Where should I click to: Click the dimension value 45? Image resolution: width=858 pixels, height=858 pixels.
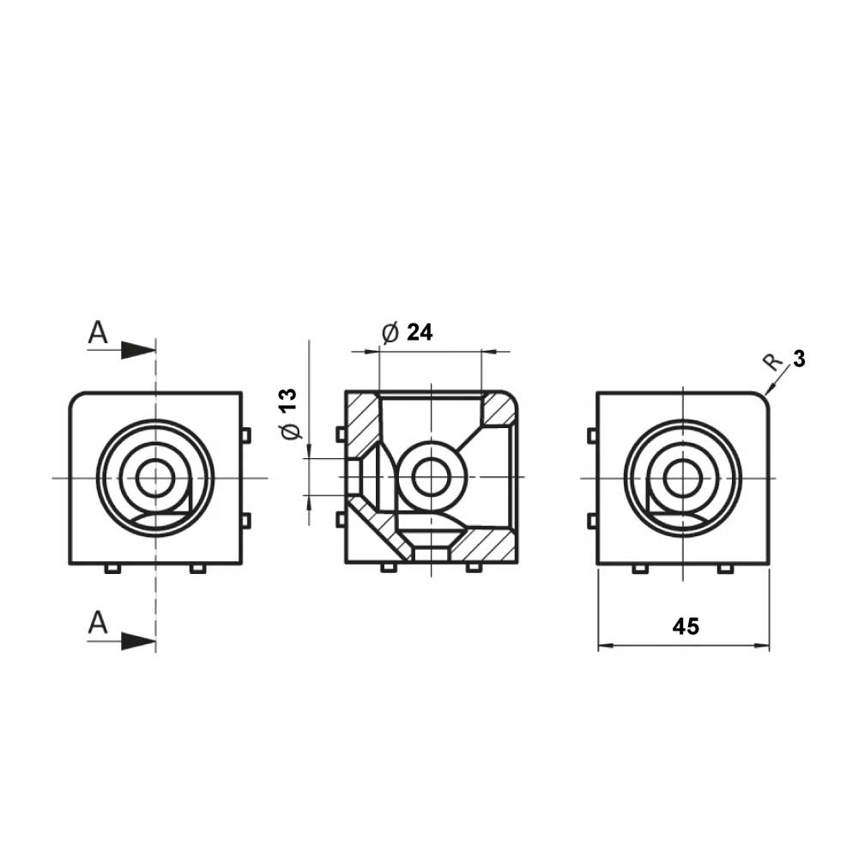[x=686, y=626]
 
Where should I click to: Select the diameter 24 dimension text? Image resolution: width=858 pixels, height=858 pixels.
[x=407, y=333]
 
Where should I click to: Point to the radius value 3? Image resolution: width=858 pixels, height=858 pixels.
[x=799, y=360]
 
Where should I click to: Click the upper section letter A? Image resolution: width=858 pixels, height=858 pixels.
[x=98, y=332]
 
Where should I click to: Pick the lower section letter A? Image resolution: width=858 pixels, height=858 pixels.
[x=98, y=623]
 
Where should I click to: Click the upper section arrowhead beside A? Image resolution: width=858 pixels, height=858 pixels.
[x=138, y=350]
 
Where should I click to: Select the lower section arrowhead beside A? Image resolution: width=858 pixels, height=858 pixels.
[x=138, y=641]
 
